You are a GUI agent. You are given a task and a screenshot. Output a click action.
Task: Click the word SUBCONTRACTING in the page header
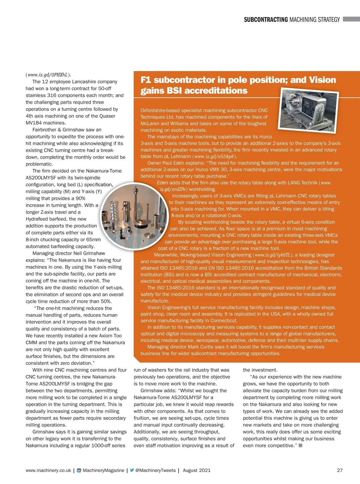(265, 20)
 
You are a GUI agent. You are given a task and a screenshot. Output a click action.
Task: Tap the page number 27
(340, 470)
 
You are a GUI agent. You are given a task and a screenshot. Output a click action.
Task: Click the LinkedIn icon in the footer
(79, 471)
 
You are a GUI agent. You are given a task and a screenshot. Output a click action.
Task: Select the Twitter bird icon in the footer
(132, 470)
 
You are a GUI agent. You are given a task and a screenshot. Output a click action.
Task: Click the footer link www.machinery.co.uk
(48, 470)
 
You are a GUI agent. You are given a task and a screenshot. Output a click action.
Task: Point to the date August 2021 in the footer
(196, 470)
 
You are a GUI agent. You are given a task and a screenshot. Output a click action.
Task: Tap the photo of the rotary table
(309, 111)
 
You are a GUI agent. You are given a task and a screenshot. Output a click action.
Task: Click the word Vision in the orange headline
(322, 80)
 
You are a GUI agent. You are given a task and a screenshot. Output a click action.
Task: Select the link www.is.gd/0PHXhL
(47, 75)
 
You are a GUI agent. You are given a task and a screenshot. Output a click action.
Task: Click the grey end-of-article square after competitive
(301, 445)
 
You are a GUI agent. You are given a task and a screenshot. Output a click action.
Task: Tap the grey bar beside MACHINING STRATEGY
(351, 19)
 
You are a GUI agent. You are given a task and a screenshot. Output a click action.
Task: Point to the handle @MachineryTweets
(155, 470)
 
